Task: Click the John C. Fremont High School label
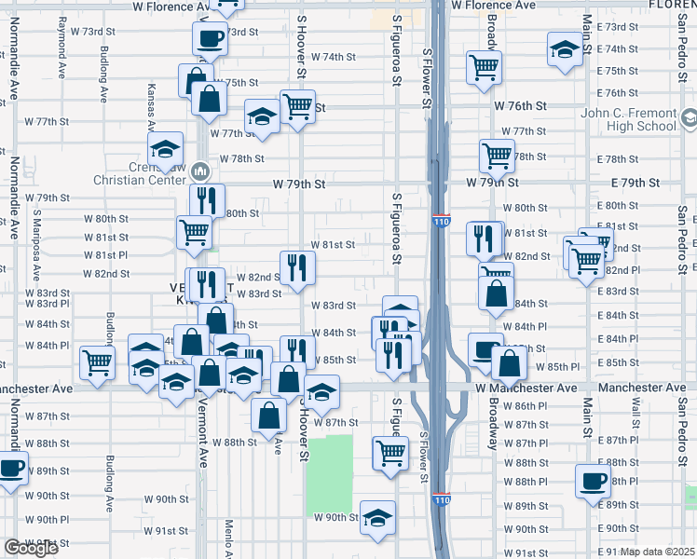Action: click(630, 120)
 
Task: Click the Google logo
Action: click(31, 548)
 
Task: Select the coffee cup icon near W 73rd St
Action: click(210, 39)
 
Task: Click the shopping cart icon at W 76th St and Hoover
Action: click(297, 106)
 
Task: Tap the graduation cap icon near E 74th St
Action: click(565, 48)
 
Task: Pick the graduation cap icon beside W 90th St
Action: click(377, 517)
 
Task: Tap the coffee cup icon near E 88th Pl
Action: click(593, 481)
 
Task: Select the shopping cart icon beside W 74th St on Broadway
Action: click(484, 66)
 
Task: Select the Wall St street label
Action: click(635, 411)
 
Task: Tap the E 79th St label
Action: click(635, 184)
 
